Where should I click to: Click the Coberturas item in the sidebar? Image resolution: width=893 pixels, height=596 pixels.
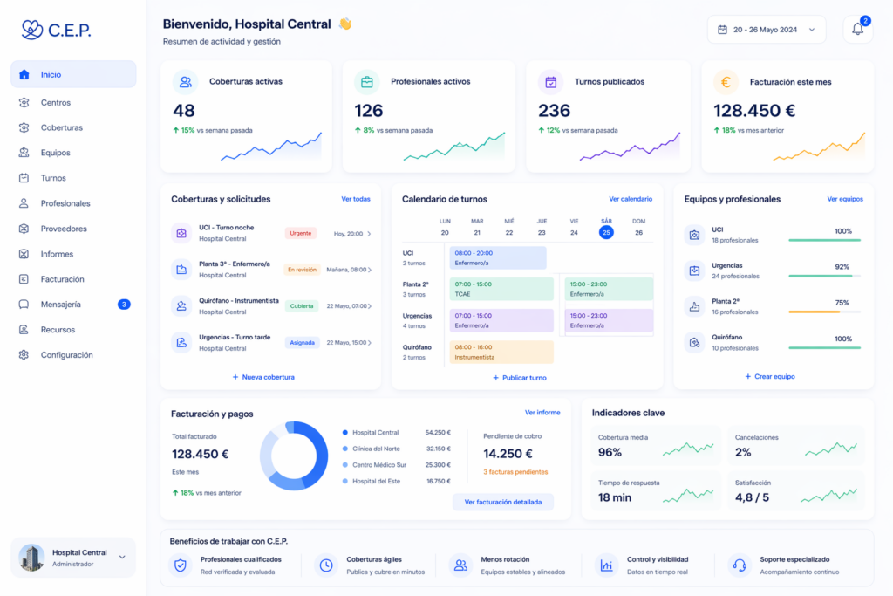click(61, 127)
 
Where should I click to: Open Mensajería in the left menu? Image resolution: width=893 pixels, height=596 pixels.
click(61, 305)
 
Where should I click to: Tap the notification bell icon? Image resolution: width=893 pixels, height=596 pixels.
click(857, 30)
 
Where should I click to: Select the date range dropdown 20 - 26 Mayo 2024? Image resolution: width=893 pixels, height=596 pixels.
click(766, 30)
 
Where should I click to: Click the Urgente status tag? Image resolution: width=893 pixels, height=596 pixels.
click(301, 233)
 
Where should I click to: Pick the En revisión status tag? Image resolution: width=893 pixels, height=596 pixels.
click(302, 270)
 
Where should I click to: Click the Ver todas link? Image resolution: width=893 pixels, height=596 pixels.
click(356, 199)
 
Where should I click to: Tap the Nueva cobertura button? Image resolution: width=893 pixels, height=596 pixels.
click(264, 377)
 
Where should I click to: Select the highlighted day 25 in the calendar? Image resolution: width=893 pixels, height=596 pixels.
click(606, 232)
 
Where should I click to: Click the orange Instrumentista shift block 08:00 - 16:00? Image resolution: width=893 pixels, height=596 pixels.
click(501, 352)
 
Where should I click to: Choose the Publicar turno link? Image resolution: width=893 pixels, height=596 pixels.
click(520, 378)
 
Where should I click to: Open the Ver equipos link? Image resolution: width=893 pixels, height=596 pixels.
click(845, 199)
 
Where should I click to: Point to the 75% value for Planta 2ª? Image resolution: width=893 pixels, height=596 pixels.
click(842, 303)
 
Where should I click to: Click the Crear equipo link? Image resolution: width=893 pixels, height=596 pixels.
click(770, 376)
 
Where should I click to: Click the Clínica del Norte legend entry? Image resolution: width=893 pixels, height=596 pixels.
click(377, 449)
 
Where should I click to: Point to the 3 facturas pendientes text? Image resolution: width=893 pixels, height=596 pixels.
click(515, 472)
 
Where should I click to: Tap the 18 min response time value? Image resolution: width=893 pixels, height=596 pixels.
click(615, 497)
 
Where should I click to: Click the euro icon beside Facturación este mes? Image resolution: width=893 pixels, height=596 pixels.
click(726, 82)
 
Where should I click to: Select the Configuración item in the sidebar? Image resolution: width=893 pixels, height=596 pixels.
click(66, 355)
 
